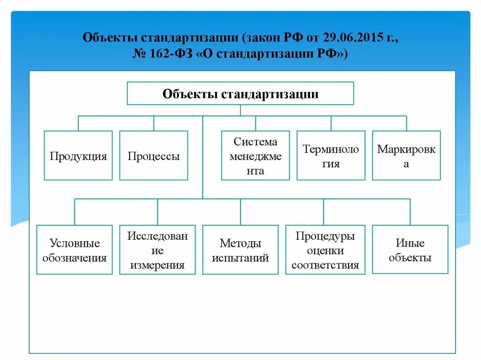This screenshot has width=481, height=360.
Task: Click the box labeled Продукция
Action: [x=78, y=155]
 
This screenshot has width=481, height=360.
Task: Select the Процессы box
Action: [x=154, y=155]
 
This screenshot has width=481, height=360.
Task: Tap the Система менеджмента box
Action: [x=256, y=155]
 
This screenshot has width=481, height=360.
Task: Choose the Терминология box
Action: [x=331, y=155]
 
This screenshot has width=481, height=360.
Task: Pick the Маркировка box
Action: [x=406, y=155]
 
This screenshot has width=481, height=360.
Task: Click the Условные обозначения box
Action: [x=74, y=250]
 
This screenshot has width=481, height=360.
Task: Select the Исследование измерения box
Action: [x=157, y=250]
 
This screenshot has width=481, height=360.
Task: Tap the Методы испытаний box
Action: [x=240, y=250]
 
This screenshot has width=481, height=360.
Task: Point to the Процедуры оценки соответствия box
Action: [x=325, y=250]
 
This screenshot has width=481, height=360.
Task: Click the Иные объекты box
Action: [x=410, y=250]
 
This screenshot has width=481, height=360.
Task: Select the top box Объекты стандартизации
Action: [x=240, y=93]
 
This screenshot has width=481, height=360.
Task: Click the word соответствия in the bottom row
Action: [x=325, y=265]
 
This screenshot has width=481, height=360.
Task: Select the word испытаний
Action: [x=240, y=258]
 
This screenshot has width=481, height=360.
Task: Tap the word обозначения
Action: [x=74, y=258]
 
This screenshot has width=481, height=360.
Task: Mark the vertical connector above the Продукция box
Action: [x=78, y=123]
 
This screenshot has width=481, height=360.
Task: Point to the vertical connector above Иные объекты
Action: [x=410, y=212]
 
